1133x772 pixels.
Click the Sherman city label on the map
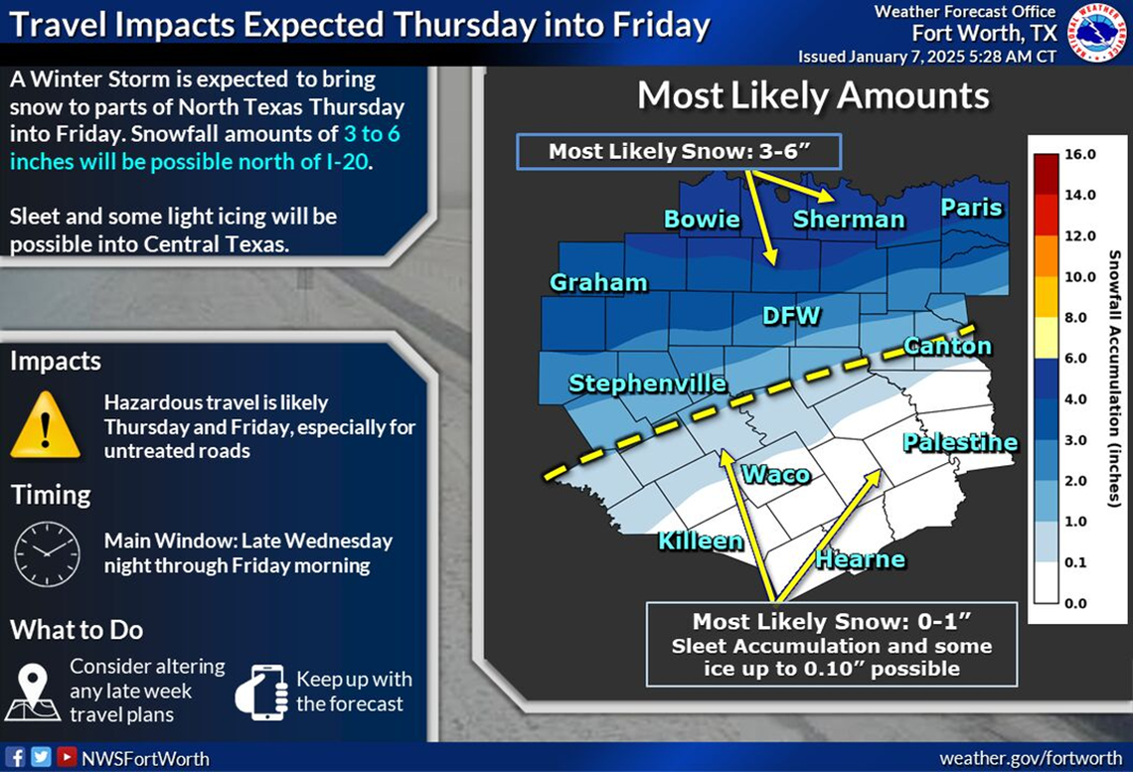848,220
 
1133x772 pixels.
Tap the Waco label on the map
776,474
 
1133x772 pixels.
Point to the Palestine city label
959,442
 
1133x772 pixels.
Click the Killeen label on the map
700,540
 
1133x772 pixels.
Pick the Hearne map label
860,559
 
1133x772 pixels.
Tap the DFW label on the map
791,317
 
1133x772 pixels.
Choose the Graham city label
598,283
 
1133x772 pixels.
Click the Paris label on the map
971,208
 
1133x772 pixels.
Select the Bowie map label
702,219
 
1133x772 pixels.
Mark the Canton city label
946,346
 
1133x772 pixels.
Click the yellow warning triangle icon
45,424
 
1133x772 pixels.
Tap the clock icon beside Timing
47,553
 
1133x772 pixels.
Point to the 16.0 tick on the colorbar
1079,155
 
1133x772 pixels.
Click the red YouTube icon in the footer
66,757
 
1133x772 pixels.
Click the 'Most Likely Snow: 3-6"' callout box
679,152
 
